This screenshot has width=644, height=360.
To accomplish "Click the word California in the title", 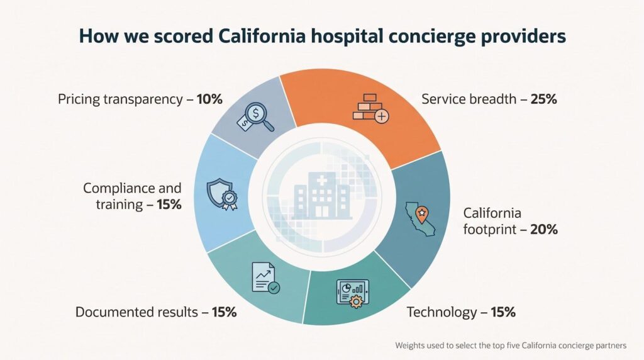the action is (262, 36).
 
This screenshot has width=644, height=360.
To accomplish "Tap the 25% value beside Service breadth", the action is (543, 99).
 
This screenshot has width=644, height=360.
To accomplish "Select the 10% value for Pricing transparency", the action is (209, 99).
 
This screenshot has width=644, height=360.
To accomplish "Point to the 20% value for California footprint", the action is (544, 229).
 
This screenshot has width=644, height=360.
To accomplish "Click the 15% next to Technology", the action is (503, 312).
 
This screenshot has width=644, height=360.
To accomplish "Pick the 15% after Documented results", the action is (225, 312).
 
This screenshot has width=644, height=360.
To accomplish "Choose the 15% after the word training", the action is (169, 205).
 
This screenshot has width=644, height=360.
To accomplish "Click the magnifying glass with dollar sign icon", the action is (255, 117).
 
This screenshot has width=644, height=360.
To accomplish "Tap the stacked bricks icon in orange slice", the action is (370, 109).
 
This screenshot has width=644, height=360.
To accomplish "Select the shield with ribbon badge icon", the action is (222, 194).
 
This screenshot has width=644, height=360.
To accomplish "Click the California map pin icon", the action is (420, 218).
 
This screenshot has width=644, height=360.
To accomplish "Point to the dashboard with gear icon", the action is (353, 293).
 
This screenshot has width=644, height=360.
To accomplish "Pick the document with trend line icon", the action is (265, 278).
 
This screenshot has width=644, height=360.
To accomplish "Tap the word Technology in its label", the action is (441, 312).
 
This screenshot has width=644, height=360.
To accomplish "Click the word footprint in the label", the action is (489, 229).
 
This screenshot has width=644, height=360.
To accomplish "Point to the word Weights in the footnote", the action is (409, 346).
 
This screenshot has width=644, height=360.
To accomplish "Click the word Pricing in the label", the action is (79, 99).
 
